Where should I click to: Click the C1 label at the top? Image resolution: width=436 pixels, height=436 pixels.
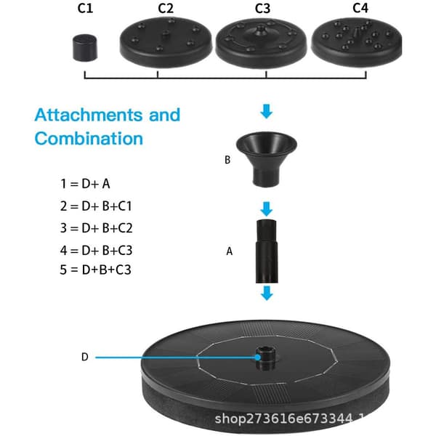[x=85, y=8]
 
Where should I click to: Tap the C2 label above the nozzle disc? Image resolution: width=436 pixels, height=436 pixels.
[x=166, y=8]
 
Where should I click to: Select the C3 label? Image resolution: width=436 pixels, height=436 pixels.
[x=262, y=8]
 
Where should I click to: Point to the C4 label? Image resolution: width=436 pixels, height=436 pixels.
[x=360, y=8]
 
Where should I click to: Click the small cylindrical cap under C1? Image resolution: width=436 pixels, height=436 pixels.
[x=85, y=47]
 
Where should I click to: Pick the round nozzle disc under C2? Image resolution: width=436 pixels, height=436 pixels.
[x=166, y=42]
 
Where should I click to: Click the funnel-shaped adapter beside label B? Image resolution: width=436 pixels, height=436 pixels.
[x=267, y=158]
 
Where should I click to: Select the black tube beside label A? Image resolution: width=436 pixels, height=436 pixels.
[x=267, y=251]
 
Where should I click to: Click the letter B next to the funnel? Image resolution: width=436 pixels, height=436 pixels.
[x=227, y=160]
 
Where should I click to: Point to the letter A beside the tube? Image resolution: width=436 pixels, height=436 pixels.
[x=229, y=251]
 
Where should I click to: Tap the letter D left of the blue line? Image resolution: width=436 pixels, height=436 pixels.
[x=85, y=357]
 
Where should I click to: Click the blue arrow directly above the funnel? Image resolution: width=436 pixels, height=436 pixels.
[x=267, y=111]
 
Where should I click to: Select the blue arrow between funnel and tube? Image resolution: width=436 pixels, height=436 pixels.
[x=267, y=209]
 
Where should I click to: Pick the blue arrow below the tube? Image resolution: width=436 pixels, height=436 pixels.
[x=267, y=294]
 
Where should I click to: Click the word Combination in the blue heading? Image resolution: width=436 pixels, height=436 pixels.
[x=89, y=139]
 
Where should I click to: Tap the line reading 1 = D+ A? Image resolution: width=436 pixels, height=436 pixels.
[x=85, y=184]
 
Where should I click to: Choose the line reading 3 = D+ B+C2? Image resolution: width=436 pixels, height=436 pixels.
[x=96, y=228]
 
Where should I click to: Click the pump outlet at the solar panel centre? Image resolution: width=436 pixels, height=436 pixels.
[x=266, y=358]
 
